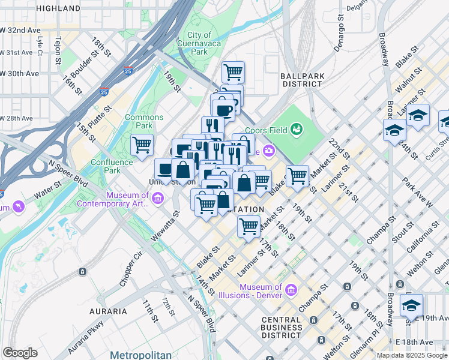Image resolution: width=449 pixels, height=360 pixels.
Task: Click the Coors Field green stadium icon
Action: point(295,128)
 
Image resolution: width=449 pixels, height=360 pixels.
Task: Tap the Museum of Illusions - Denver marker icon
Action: point(292,290)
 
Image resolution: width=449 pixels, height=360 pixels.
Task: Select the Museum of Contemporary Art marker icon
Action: point(158,198)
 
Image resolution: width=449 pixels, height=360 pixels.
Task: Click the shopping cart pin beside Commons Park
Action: point(142,145)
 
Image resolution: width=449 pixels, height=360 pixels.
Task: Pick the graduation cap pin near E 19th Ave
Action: point(411,305)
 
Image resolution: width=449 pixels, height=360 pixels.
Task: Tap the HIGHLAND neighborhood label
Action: point(58,8)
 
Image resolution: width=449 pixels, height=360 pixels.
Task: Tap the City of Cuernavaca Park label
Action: point(199,44)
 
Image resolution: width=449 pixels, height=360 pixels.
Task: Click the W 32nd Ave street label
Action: point(20,29)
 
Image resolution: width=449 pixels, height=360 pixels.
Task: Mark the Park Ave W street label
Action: point(417,192)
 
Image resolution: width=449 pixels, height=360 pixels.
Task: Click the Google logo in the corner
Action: point(20,353)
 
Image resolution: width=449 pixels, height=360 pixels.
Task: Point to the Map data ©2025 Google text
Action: point(412,355)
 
